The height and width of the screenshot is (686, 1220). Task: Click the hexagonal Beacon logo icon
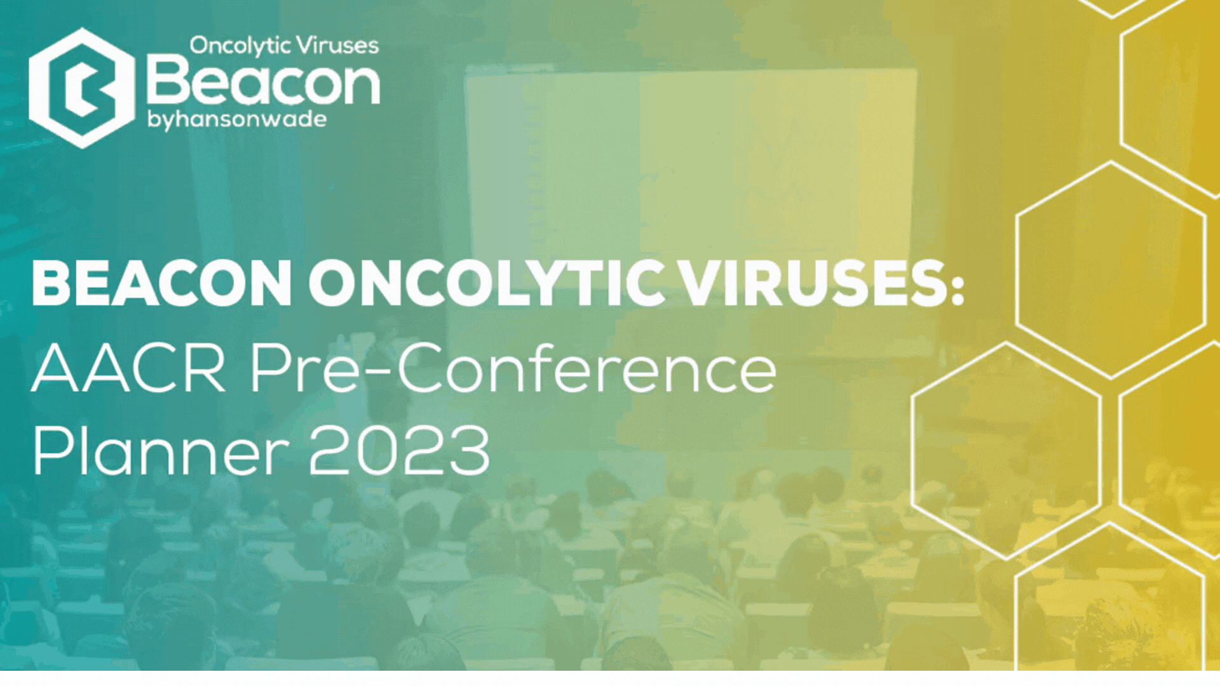[x=81, y=88]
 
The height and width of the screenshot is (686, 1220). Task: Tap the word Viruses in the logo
[x=337, y=45]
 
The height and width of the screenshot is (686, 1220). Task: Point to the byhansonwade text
[x=237, y=119]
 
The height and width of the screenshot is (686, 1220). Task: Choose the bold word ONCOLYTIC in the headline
[x=487, y=283]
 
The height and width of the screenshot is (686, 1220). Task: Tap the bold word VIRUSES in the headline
[x=814, y=283]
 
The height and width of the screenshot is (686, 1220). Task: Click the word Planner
[x=161, y=451]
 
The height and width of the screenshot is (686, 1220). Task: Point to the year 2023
[x=399, y=450]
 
